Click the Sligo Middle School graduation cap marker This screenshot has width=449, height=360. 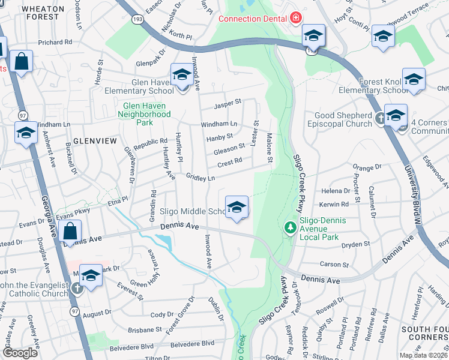tap(237, 207)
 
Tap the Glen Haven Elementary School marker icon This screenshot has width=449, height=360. tap(181, 75)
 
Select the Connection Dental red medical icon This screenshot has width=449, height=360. tap(295, 19)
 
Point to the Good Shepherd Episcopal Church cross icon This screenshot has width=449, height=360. tap(379, 119)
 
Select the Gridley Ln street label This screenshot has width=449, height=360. tap(200, 178)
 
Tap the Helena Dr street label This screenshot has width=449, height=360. tap(336, 191)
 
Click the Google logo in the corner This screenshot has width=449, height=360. tap(20, 353)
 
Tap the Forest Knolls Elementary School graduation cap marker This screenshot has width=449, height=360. tap(414, 79)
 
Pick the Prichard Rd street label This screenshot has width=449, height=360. tap(55, 43)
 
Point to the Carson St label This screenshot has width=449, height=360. tap(334, 264)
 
